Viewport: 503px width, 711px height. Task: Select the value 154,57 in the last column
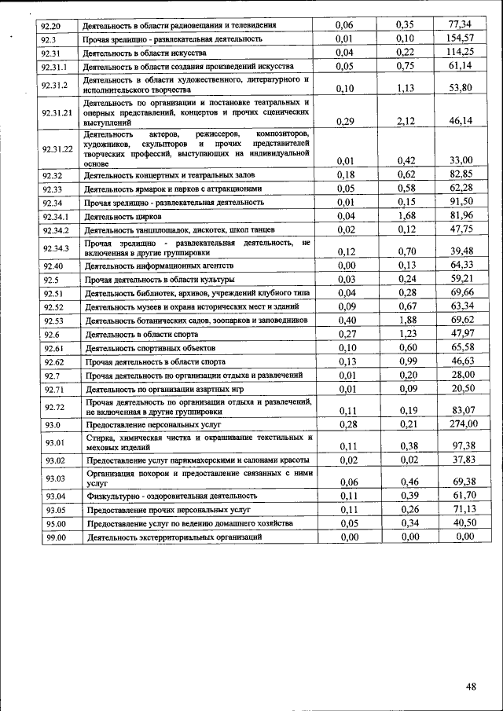[461, 38]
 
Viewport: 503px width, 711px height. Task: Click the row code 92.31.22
[57, 148]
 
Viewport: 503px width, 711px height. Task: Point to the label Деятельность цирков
[123, 216]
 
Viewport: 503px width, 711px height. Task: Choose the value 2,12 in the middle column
[406, 121]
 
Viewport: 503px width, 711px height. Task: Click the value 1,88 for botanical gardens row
[406, 320]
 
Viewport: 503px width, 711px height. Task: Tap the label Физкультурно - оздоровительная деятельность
[171, 496]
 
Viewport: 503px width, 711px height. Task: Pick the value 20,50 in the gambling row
[462, 388]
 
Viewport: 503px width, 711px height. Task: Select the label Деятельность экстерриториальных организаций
[174, 537]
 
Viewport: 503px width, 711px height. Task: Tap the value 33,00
[461, 160]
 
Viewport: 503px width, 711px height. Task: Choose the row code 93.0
[53, 424]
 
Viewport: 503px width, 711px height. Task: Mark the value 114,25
[461, 52]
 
